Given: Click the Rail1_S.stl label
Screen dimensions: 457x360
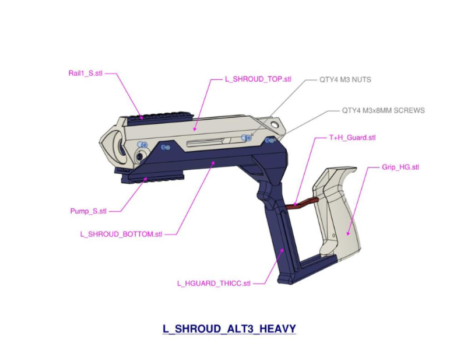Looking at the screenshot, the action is tap(85, 74).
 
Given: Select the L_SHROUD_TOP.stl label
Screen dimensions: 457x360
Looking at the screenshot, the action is tap(258, 79).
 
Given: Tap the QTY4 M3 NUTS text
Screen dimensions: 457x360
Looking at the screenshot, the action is tap(345, 79).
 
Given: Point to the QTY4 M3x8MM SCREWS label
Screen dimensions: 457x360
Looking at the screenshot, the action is tap(384, 111).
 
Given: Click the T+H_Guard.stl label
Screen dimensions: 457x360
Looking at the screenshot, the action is tap(352, 138).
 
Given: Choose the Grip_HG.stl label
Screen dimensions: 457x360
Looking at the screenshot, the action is tap(400, 167).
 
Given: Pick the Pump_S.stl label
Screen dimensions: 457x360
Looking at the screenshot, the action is tap(89, 211).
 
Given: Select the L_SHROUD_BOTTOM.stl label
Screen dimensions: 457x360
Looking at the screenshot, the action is tap(121, 235).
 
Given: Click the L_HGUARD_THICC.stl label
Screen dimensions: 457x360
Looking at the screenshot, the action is tap(213, 284).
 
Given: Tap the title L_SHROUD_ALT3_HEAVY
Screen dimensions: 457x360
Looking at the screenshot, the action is tap(229, 329).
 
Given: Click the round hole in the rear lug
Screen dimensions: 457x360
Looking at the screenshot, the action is tap(275, 125).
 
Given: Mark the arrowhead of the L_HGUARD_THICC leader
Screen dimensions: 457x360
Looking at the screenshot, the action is tap(282, 251).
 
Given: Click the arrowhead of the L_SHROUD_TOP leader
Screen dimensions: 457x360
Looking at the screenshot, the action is tap(195, 128).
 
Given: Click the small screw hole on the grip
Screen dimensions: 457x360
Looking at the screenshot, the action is tap(334, 236).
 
